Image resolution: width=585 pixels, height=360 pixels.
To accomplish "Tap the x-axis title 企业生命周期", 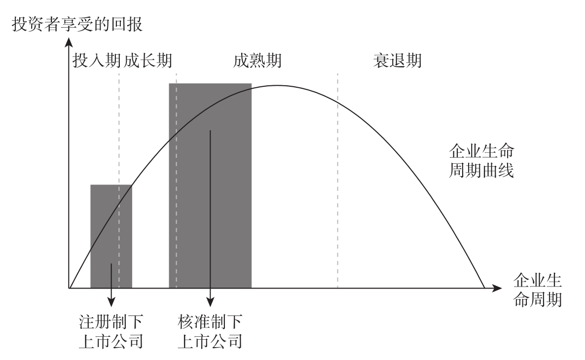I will point(537,290).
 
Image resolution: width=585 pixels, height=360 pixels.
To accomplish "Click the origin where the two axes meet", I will point(69,288).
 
